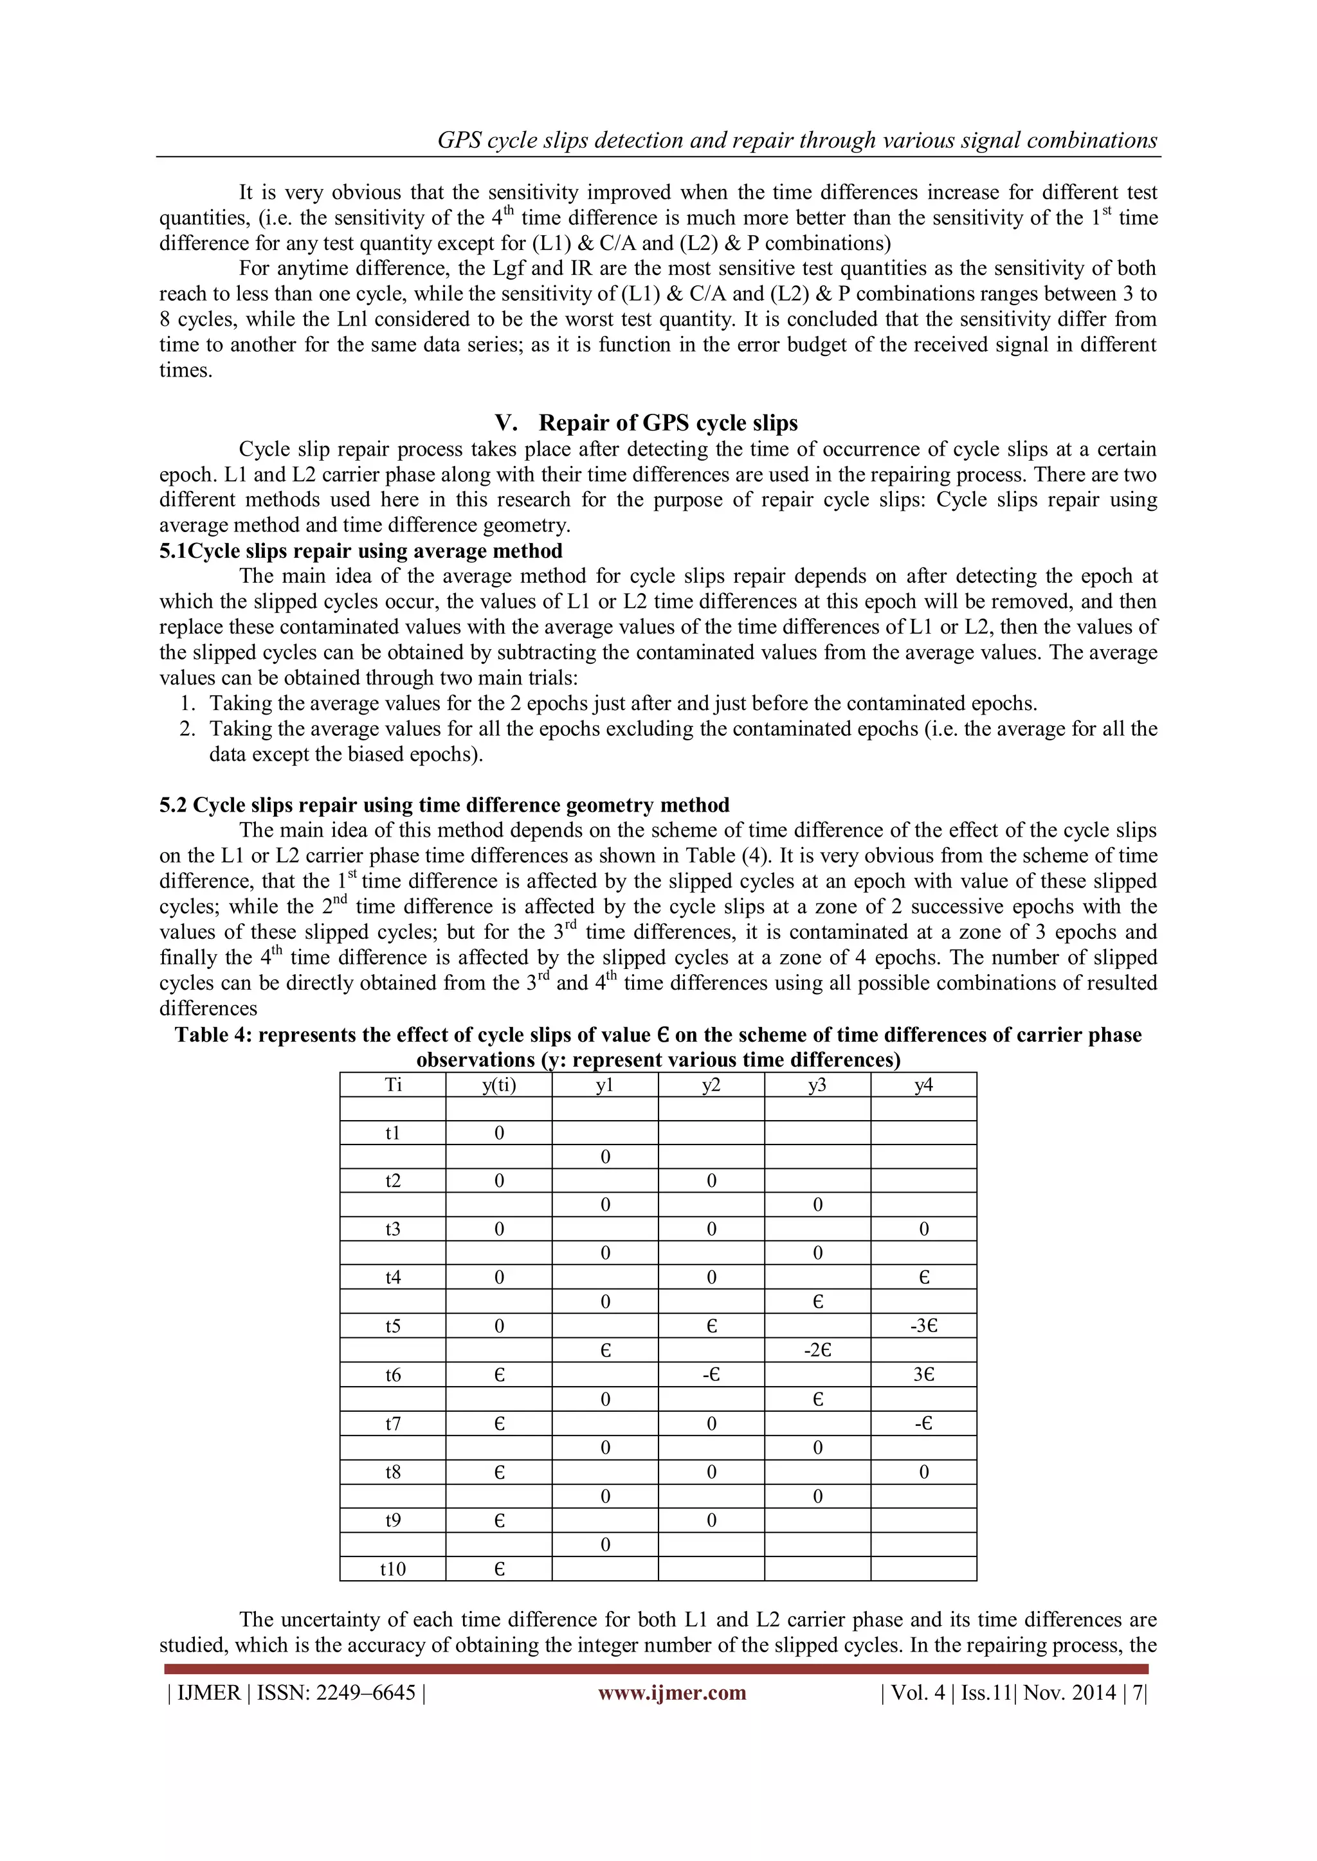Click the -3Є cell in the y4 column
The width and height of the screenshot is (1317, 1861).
(923, 1327)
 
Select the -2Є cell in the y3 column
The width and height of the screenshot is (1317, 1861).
(817, 1350)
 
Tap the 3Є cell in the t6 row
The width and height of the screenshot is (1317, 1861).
(923, 1375)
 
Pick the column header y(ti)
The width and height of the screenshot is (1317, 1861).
(499, 1085)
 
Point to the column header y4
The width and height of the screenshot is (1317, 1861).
(923, 1085)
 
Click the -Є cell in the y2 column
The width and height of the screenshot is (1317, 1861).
(711, 1375)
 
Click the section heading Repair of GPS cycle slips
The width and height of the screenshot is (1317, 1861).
(668, 423)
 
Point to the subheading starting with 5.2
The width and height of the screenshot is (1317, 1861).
(444, 805)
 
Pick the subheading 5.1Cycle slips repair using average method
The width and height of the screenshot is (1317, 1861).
(360, 551)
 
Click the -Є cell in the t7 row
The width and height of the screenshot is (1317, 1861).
(923, 1423)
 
